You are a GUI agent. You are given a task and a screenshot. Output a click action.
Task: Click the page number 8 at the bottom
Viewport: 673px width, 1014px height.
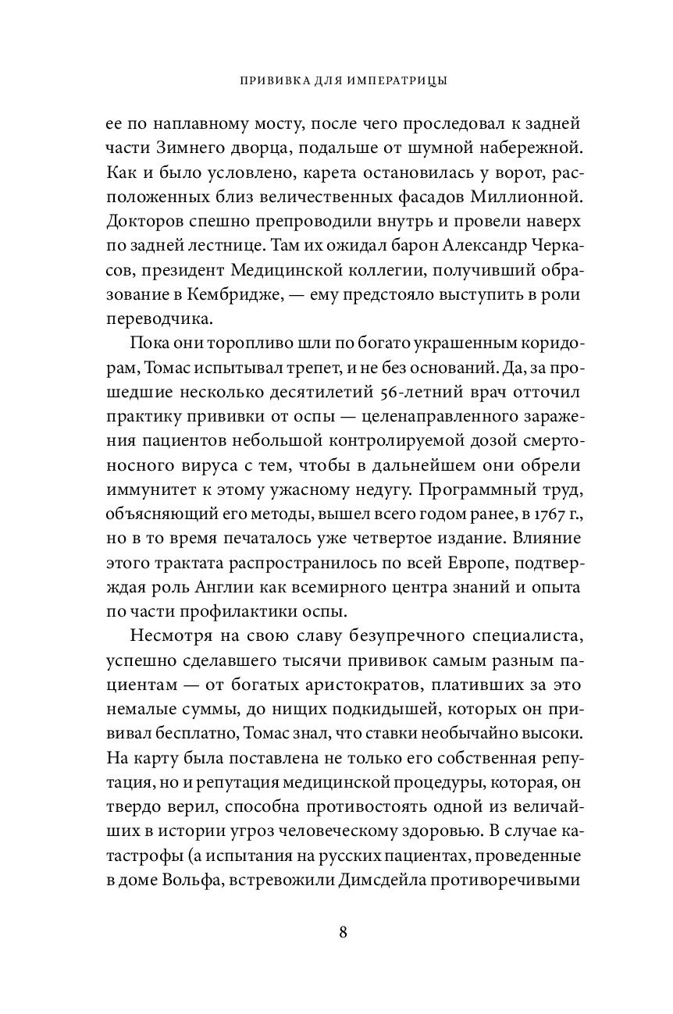[343, 934]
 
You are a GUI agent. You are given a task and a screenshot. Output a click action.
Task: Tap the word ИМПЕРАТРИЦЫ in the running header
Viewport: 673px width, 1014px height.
[387, 80]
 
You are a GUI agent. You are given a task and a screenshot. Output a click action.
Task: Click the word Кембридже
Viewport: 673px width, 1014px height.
[240, 294]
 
